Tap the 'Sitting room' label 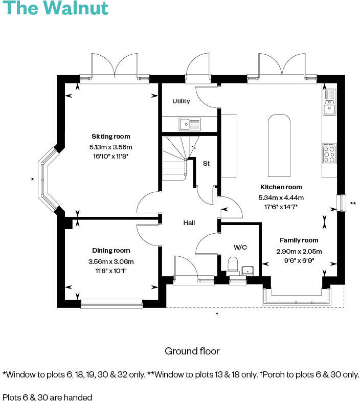coord(110,137)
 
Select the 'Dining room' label coord(111,251)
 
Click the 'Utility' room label coord(181,101)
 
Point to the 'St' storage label coord(207,164)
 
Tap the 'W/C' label coord(240,247)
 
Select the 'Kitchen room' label coord(281,187)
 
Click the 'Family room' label coord(299,240)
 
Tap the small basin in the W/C coord(248,270)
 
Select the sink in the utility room coord(190,123)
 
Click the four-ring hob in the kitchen coord(329,153)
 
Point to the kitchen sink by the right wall coord(329,101)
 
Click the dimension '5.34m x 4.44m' coord(281,197)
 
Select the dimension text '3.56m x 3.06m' coord(111,261)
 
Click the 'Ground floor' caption coord(192,351)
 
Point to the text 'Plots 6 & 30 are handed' coord(48,397)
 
